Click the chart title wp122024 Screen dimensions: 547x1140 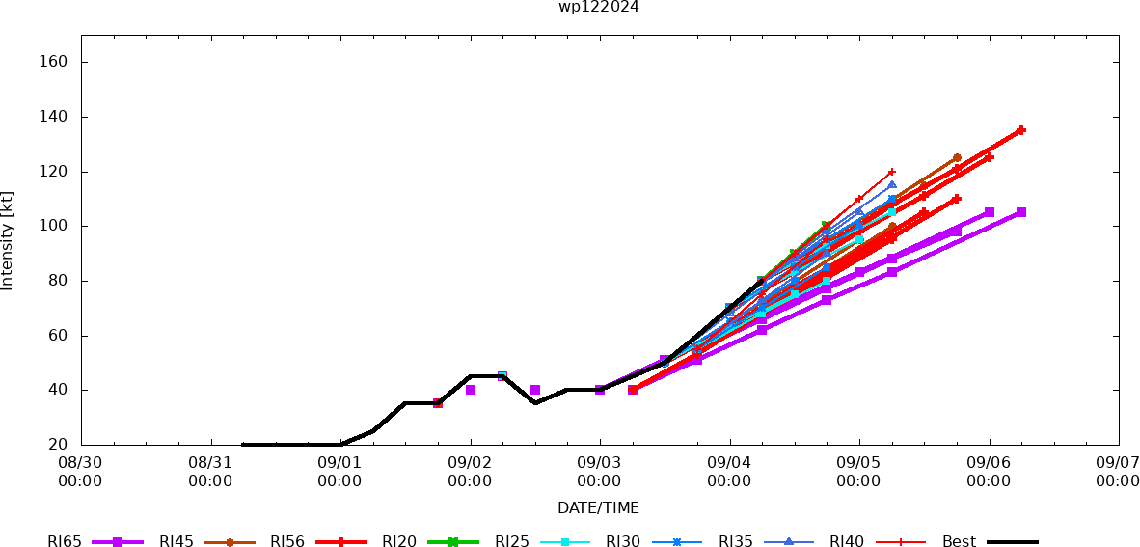tap(598, 7)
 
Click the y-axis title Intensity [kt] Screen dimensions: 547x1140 tap(8, 240)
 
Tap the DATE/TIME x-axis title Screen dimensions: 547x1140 tap(598, 507)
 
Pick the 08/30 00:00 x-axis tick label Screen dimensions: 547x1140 tap(81, 472)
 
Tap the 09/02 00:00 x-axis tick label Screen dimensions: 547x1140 tap(470, 472)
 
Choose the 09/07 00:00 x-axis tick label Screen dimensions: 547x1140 tap(1118, 472)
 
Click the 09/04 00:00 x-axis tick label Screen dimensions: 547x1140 tap(729, 472)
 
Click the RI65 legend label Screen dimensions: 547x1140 tap(65, 542)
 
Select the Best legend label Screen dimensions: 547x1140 tap(959, 542)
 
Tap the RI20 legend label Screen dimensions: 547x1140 tap(399, 542)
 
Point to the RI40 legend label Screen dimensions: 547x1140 tap(847, 542)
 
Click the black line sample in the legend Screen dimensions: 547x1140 tap(1012, 542)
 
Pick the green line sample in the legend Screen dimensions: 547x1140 tap(452, 542)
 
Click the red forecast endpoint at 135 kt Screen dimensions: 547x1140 tap(1021, 130)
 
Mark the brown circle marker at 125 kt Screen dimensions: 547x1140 tap(957, 157)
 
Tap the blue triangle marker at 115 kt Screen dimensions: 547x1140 tap(892, 184)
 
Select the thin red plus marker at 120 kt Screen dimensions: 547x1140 tap(891, 172)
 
